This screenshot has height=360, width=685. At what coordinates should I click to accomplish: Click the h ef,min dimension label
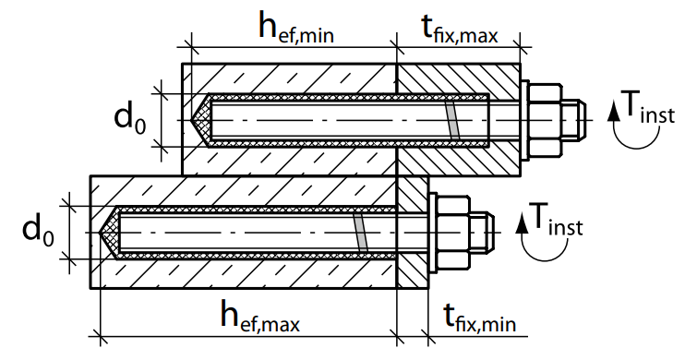coord(296,29)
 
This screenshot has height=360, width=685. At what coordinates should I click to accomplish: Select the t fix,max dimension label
coord(460,30)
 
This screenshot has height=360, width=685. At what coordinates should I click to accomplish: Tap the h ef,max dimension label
coord(260,316)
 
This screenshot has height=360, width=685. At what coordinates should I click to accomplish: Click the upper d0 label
coord(129,118)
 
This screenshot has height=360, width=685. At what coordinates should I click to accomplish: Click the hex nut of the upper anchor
coord(545,120)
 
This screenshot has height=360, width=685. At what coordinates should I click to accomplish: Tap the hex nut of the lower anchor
coord(453,233)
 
